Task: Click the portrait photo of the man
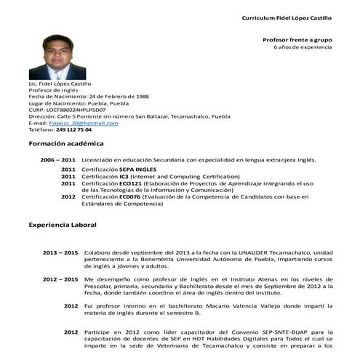click(57, 53)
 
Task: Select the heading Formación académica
click(66, 144)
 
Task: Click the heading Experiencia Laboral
click(63, 225)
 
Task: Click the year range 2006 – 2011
click(57, 159)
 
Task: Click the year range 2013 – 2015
click(60, 252)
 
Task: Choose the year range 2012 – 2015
click(60, 279)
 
